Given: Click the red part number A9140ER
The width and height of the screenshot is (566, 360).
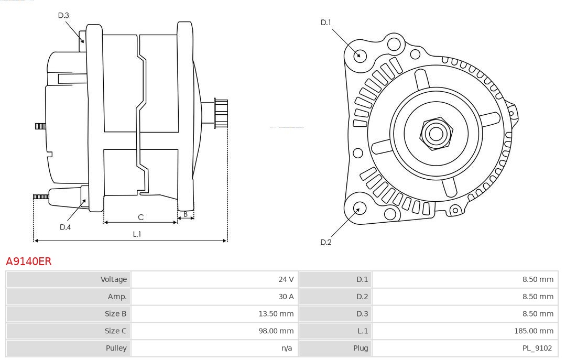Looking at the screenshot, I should click(29, 261).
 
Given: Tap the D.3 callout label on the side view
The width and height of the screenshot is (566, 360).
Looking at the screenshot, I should click(63, 16).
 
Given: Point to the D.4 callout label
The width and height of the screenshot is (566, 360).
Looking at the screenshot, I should click(65, 227).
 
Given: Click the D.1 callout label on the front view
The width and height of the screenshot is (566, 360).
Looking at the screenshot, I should click(326, 23).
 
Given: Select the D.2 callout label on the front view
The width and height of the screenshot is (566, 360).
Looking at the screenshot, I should click(326, 242).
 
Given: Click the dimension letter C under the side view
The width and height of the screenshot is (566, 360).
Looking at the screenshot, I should click(140, 217).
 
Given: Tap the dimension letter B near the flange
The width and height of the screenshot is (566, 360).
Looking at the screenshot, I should click(186, 214).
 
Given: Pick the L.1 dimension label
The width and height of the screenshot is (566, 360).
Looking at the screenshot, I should click(137, 234).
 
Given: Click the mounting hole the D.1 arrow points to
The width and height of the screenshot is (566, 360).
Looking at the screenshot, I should click(360, 54).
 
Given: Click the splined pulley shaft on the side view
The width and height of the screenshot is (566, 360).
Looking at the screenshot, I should click(221, 113).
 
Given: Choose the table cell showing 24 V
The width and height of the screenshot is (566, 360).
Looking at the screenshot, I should click(286, 279).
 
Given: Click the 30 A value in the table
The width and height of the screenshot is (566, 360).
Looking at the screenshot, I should click(286, 297).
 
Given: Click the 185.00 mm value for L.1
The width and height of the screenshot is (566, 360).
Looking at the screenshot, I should click(534, 331).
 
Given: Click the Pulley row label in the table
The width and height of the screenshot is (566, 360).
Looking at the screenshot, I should click(116, 348).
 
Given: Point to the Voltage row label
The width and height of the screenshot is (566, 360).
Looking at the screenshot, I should click(114, 279).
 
